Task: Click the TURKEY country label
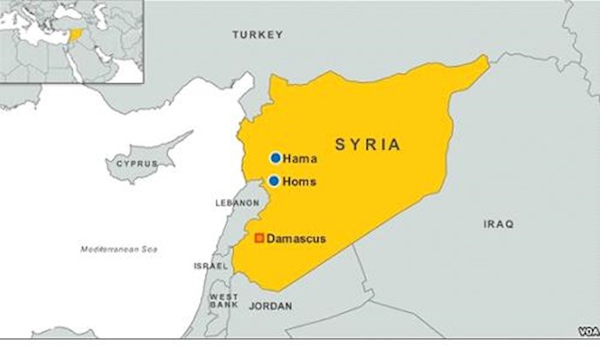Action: click(x=257, y=35)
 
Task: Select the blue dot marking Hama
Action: click(x=276, y=158)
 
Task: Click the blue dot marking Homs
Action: click(x=274, y=181)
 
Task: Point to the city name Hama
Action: click(x=300, y=159)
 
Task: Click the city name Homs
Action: click(x=301, y=182)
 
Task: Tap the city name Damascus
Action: click(x=296, y=238)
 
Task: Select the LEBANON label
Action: click(x=237, y=203)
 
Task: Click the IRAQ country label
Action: click(x=498, y=224)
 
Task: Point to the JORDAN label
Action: click(x=270, y=306)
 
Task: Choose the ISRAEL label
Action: click(x=211, y=266)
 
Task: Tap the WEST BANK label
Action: click(x=223, y=302)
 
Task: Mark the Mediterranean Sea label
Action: click(x=119, y=250)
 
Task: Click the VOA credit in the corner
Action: click(x=588, y=331)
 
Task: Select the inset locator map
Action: click(x=71, y=41)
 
